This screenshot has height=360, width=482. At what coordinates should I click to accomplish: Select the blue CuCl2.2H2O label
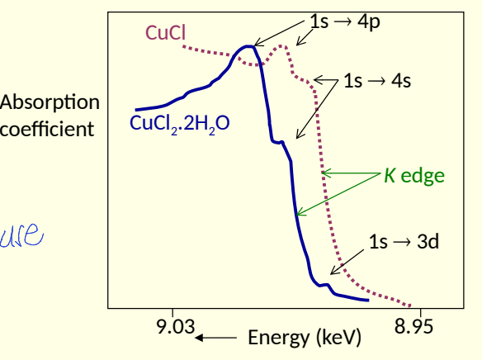click(180, 125)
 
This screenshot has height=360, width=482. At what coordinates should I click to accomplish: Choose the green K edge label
click(414, 175)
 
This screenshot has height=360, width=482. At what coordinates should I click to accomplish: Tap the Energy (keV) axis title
click(305, 338)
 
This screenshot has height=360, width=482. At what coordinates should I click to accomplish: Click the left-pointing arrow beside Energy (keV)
click(216, 337)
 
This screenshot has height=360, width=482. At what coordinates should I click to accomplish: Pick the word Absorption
click(50, 103)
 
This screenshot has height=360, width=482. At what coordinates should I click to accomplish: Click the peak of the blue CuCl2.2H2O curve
click(246, 47)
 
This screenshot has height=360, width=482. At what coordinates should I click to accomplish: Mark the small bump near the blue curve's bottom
click(327, 286)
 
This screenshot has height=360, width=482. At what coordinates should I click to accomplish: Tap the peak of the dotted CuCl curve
click(282, 46)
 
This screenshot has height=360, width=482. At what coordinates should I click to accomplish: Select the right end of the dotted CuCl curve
click(410, 304)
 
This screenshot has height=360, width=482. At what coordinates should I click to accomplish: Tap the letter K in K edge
click(389, 175)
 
